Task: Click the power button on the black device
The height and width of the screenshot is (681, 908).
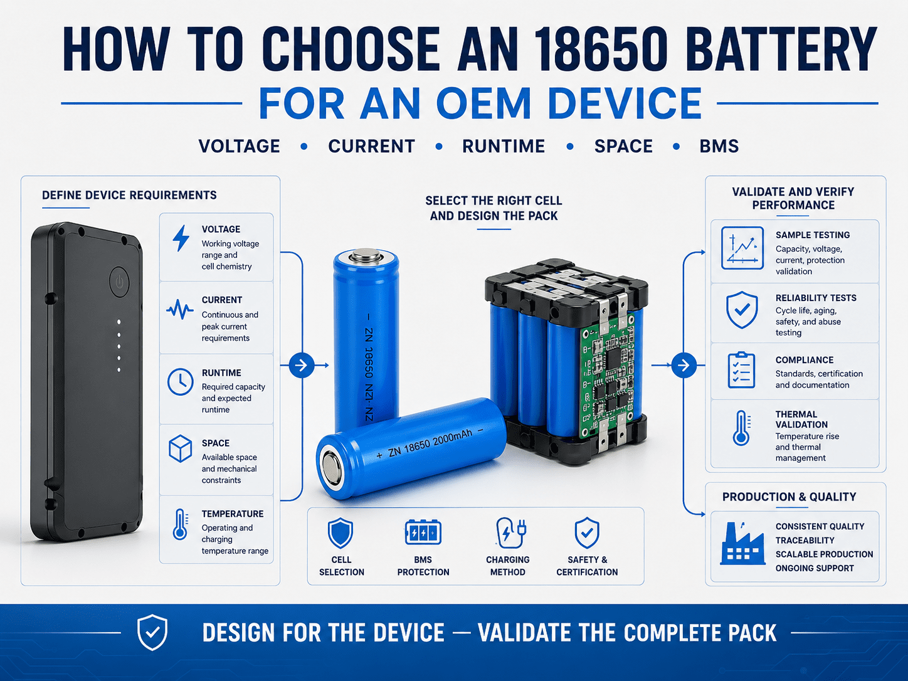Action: click(x=119, y=282)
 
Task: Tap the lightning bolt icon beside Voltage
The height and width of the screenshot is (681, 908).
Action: click(x=181, y=238)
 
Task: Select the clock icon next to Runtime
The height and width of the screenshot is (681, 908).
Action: click(x=181, y=381)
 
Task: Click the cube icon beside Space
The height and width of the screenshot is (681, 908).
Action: click(x=181, y=448)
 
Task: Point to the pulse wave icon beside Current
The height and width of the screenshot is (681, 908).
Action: click(x=180, y=309)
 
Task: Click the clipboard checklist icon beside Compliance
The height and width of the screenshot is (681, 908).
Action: click(x=741, y=370)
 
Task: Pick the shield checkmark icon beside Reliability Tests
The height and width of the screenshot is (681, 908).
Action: click(x=742, y=310)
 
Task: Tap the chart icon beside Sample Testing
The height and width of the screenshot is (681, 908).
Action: click(x=742, y=248)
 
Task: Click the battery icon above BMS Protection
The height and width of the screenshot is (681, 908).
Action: click(x=423, y=532)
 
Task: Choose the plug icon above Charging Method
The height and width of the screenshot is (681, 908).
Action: click(x=511, y=533)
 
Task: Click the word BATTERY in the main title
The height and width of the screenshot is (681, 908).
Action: click(x=784, y=49)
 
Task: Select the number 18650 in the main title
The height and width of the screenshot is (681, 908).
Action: click(x=600, y=49)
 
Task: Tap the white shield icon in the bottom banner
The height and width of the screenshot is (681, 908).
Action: click(x=152, y=632)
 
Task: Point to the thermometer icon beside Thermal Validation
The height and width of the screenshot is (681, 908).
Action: click(x=742, y=428)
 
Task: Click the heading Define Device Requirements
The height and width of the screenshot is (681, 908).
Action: click(x=129, y=195)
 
